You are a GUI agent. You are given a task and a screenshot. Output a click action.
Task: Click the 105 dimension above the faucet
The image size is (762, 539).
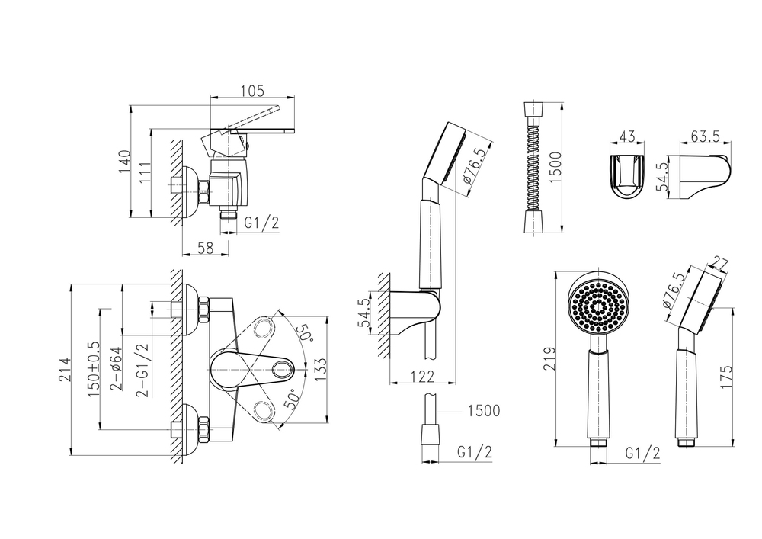(251, 91)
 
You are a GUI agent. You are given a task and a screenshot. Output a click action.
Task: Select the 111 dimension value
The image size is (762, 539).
(144, 173)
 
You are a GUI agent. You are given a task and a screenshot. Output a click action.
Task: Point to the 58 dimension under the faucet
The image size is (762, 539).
(206, 246)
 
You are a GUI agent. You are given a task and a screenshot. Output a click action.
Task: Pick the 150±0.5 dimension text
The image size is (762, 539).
(94, 369)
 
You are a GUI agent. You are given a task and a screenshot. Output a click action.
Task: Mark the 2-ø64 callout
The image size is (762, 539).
(117, 369)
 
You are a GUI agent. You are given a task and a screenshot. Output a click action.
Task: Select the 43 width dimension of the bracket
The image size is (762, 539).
(626, 137)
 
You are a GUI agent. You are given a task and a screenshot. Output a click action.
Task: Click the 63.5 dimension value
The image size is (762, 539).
(706, 137)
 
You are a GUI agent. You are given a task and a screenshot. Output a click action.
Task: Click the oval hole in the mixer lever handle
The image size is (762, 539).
(279, 371)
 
